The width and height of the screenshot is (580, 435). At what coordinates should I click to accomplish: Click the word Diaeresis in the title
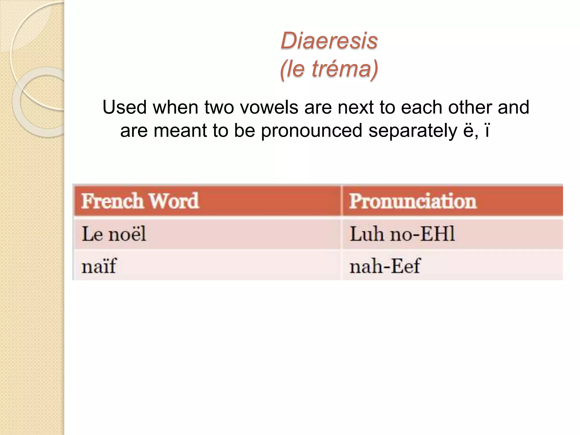tap(329, 41)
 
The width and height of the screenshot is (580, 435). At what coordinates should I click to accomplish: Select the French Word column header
tap(140, 201)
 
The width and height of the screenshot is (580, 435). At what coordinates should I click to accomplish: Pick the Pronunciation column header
tap(413, 201)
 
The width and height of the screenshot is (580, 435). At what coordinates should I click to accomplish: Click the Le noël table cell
tap(114, 234)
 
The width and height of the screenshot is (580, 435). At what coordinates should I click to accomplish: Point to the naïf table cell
tap(99, 266)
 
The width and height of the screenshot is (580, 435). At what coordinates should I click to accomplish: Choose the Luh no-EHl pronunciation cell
tap(402, 234)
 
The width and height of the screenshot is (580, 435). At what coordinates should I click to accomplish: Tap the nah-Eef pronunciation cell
tap(385, 266)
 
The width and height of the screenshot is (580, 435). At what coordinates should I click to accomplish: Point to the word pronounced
tap(312, 131)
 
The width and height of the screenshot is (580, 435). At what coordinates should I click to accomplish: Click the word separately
tap(413, 131)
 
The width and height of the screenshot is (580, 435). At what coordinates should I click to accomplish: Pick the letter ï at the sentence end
tap(487, 131)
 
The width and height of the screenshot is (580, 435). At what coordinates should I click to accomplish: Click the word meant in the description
tap(180, 131)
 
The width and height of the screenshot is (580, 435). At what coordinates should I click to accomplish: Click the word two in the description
tap(219, 107)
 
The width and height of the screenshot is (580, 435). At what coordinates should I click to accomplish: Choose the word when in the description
tap(176, 107)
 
